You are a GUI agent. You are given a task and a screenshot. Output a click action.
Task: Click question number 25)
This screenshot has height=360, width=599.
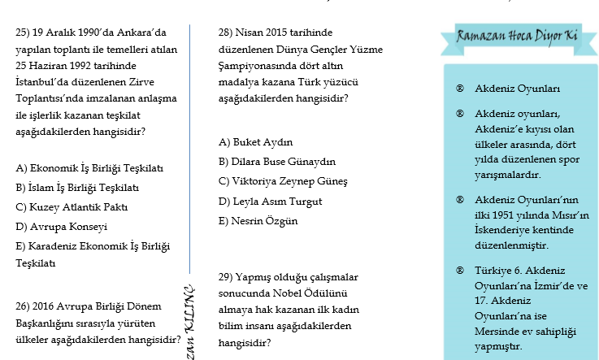pyautogui.click(x=24, y=33)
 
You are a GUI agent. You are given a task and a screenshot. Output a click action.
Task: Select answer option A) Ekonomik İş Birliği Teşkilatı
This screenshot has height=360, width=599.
pyautogui.click(x=89, y=168)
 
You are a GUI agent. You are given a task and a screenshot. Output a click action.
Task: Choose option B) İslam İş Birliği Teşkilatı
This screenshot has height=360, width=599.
pyautogui.click(x=77, y=187)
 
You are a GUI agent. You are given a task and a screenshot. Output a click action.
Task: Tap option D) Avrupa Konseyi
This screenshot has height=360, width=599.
pyautogui.click(x=61, y=226)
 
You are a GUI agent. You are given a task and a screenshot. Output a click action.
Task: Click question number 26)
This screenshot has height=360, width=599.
pyautogui.click(x=24, y=306)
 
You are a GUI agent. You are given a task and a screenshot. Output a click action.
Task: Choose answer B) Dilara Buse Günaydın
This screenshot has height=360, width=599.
pyautogui.click(x=276, y=161)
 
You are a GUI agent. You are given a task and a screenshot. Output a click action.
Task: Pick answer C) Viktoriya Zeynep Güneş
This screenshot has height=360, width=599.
pyautogui.click(x=283, y=180)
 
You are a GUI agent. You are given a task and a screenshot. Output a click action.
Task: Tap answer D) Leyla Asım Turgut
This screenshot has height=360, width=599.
pyautogui.click(x=271, y=201)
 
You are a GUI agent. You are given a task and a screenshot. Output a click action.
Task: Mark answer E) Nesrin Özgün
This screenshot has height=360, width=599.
pyautogui.click(x=258, y=220)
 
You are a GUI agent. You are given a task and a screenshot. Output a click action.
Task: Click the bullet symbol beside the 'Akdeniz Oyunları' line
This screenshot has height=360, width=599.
pyautogui.click(x=460, y=89)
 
